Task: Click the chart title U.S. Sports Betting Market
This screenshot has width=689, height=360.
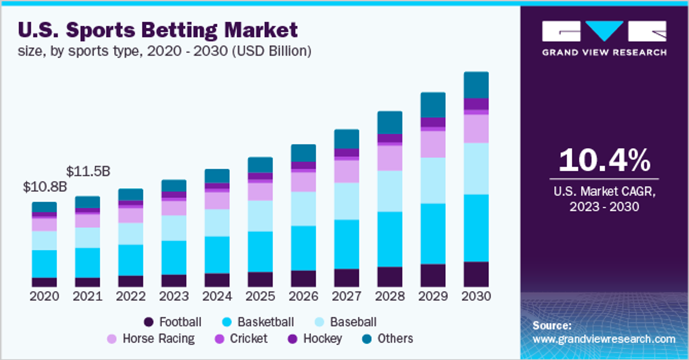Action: pos(158,30)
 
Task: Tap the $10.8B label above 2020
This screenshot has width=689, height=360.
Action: pos(45,187)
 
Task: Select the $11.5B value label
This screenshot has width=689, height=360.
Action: pos(88,171)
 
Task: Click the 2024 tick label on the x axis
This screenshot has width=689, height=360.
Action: pos(217,296)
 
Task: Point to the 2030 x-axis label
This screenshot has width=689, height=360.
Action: pos(476,296)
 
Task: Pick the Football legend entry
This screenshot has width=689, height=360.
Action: pos(173,322)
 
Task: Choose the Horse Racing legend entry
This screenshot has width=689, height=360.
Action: pos(152,339)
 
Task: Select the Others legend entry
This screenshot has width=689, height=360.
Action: pos(388,339)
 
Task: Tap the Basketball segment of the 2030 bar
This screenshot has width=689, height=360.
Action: pos(476,228)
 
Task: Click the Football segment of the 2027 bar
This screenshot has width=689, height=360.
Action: pos(347,278)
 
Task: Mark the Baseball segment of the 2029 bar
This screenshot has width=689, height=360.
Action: pos(433,181)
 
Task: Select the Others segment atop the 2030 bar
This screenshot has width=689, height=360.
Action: pos(476,85)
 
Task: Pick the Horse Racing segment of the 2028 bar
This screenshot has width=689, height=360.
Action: pos(390,158)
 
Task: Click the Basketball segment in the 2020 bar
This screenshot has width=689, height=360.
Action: pos(44,264)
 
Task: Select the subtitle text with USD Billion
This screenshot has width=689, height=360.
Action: pos(165,51)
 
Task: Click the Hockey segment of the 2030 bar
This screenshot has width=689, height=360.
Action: pos(476,103)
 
